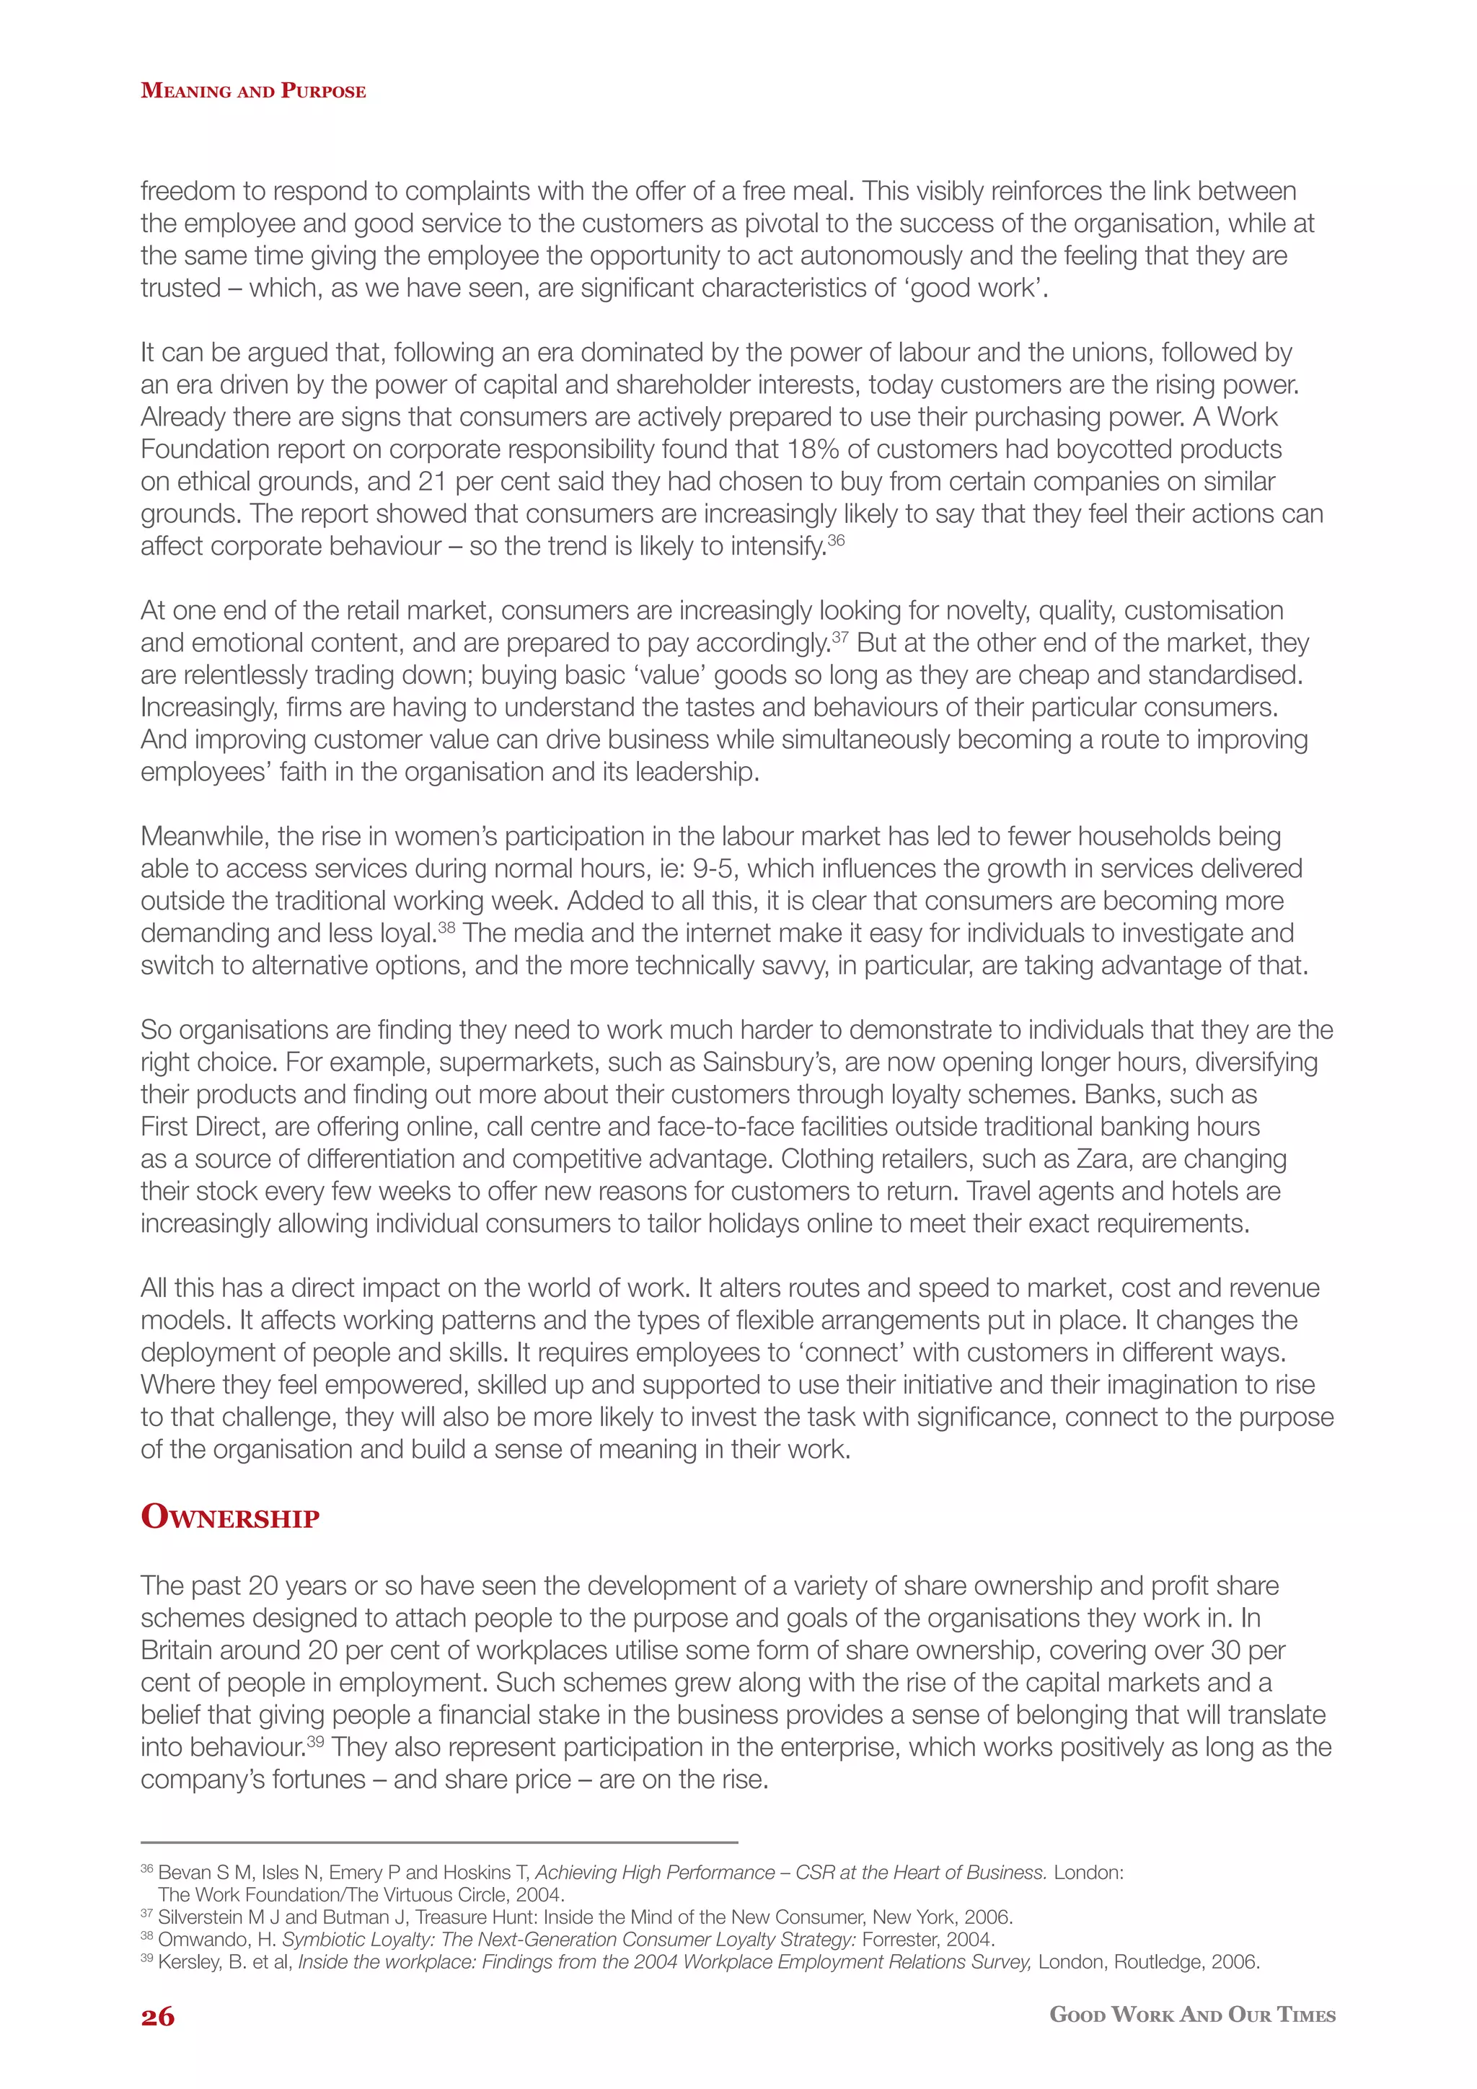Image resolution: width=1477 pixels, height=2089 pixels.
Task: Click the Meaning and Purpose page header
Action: (x=253, y=91)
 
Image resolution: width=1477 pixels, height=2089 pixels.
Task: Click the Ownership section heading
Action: (x=230, y=1518)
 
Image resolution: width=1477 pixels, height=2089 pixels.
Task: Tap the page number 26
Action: (x=157, y=2017)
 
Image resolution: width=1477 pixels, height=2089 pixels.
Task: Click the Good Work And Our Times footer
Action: (x=1192, y=2015)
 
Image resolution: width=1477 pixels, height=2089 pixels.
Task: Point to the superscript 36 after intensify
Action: (x=836, y=540)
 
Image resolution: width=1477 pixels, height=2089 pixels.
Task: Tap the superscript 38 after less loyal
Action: (x=446, y=927)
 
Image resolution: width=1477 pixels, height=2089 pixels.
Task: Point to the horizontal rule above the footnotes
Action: (x=438, y=1842)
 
